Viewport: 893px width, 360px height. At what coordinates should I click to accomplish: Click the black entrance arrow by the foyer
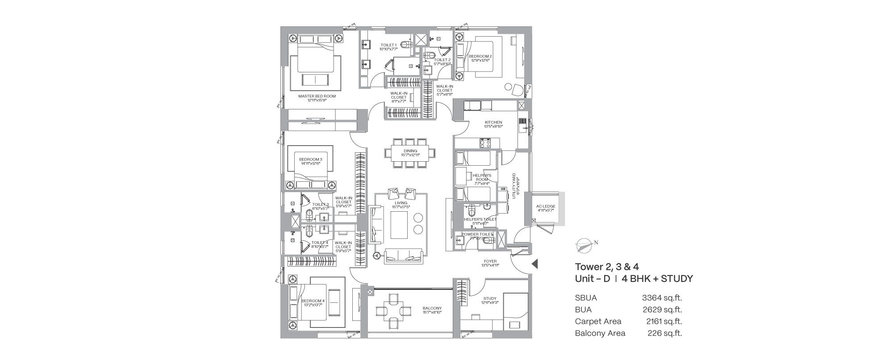(x=534, y=264)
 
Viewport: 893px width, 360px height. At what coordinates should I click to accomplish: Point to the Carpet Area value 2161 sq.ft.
(x=664, y=321)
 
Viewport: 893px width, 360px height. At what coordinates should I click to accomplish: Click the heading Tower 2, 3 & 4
(x=607, y=267)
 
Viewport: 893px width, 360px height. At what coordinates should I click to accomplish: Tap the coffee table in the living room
(x=399, y=225)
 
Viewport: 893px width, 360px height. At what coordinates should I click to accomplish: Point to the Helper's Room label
(x=481, y=178)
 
